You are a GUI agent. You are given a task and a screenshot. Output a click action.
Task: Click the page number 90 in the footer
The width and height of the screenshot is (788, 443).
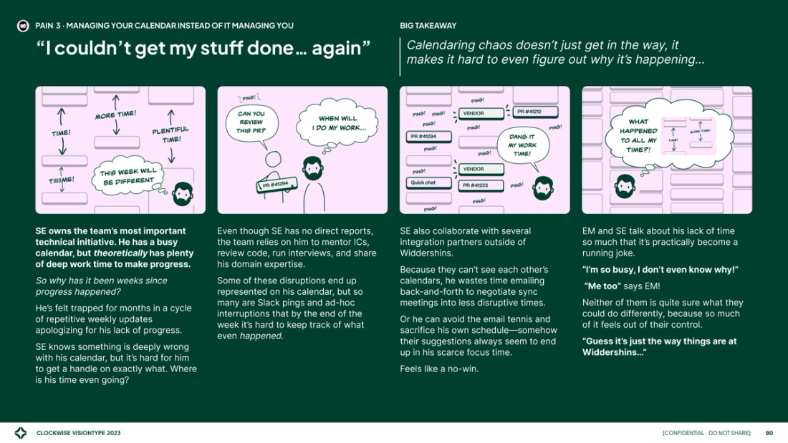[769, 433]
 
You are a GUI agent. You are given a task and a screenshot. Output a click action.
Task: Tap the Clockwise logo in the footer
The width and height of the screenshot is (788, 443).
[21, 433]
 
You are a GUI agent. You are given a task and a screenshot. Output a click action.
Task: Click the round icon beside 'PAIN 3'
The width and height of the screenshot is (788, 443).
[23, 26]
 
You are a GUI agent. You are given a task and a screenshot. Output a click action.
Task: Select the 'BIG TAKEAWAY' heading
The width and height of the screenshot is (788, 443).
[428, 26]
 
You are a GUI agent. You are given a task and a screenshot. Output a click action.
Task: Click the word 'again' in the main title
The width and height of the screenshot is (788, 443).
[339, 49]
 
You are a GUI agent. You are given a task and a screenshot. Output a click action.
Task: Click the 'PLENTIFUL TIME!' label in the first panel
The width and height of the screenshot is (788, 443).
[170, 134]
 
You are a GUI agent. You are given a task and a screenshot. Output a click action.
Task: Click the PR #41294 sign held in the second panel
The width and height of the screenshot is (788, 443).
[276, 185]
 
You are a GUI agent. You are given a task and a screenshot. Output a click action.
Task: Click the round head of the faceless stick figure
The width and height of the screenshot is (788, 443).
[272, 159]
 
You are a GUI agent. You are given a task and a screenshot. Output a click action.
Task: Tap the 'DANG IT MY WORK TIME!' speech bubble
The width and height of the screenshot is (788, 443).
[522, 145]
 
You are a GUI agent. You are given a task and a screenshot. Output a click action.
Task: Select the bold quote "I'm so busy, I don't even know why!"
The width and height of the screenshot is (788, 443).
[660, 269]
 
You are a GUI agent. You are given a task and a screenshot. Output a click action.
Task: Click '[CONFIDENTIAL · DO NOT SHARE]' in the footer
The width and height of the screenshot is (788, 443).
[706, 433]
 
